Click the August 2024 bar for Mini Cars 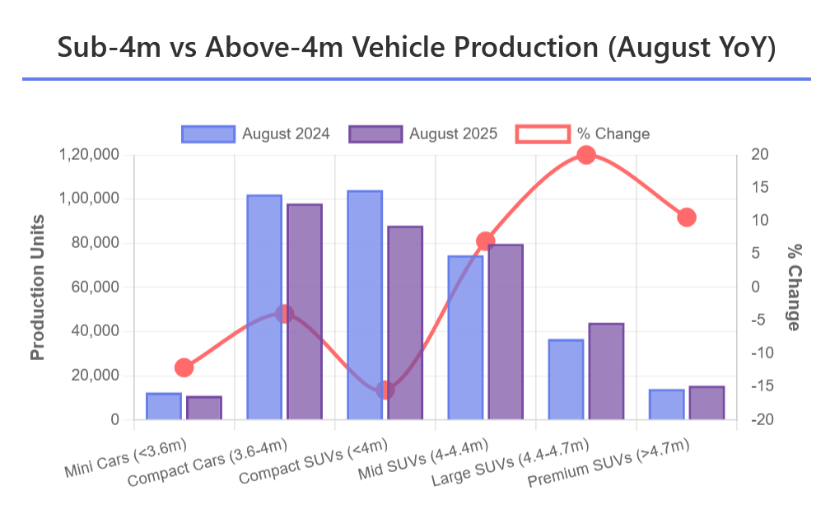click(x=164, y=407)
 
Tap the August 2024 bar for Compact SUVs click(x=365, y=306)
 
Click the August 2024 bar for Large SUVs click(x=566, y=380)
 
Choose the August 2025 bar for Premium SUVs click(x=706, y=403)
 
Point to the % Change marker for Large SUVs click(x=586, y=155)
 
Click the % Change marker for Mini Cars click(x=184, y=367)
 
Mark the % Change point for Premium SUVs click(x=687, y=217)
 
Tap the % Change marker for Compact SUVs click(x=385, y=390)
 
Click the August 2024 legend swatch click(x=208, y=133)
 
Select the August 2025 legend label click(x=453, y=133)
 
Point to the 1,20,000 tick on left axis click(x=90, y=155)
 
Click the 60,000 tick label click(x=96, y=288)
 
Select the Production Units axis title click(x=37, y=287)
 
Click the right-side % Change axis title click(x=794, y=287)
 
